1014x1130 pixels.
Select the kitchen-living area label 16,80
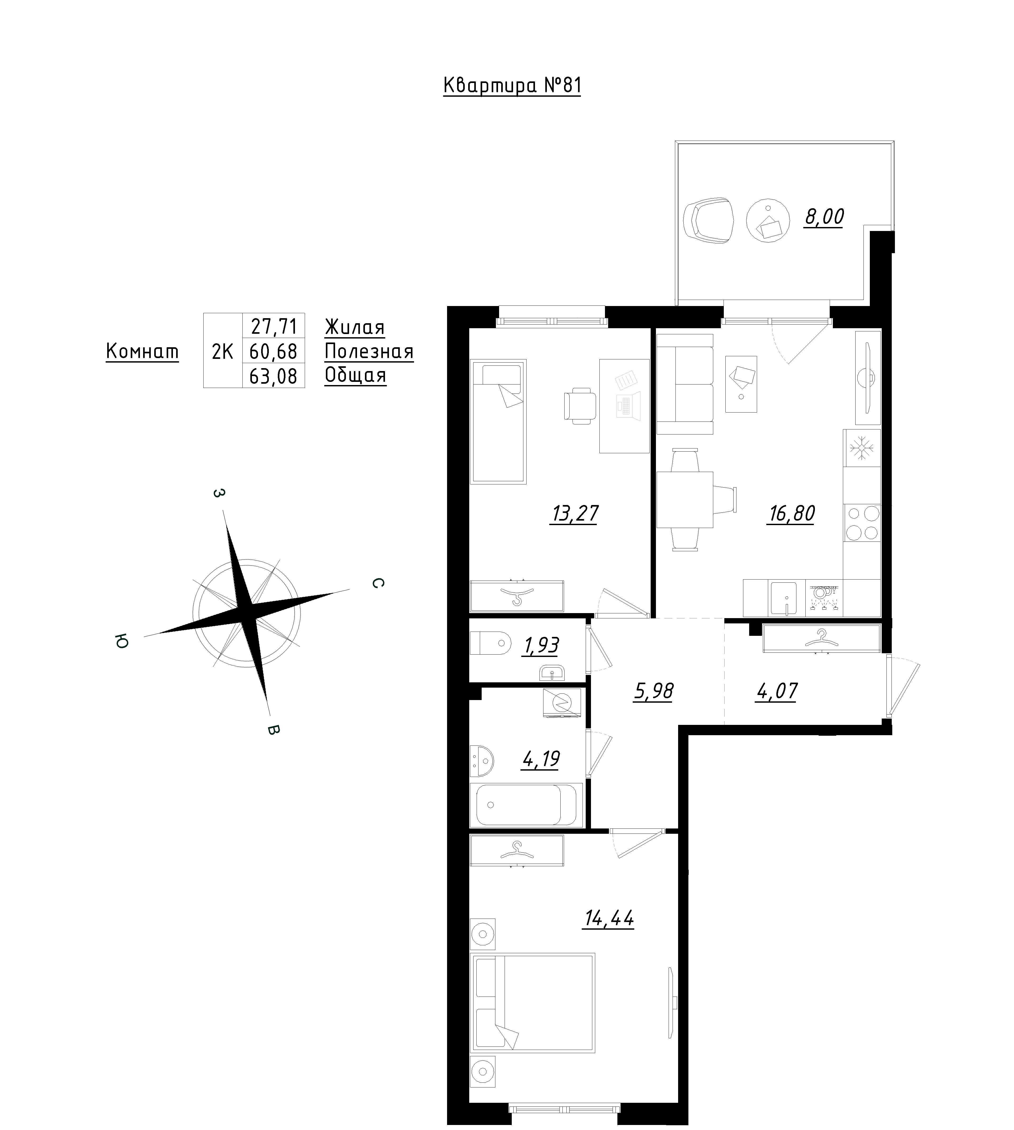pos(792,513)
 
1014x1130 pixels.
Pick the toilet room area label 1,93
pos(541,646)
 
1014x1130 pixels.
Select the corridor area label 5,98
pos(654,691)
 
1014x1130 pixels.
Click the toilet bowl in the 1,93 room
pos(490,643)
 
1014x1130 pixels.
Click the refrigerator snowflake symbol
pos(862,447)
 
